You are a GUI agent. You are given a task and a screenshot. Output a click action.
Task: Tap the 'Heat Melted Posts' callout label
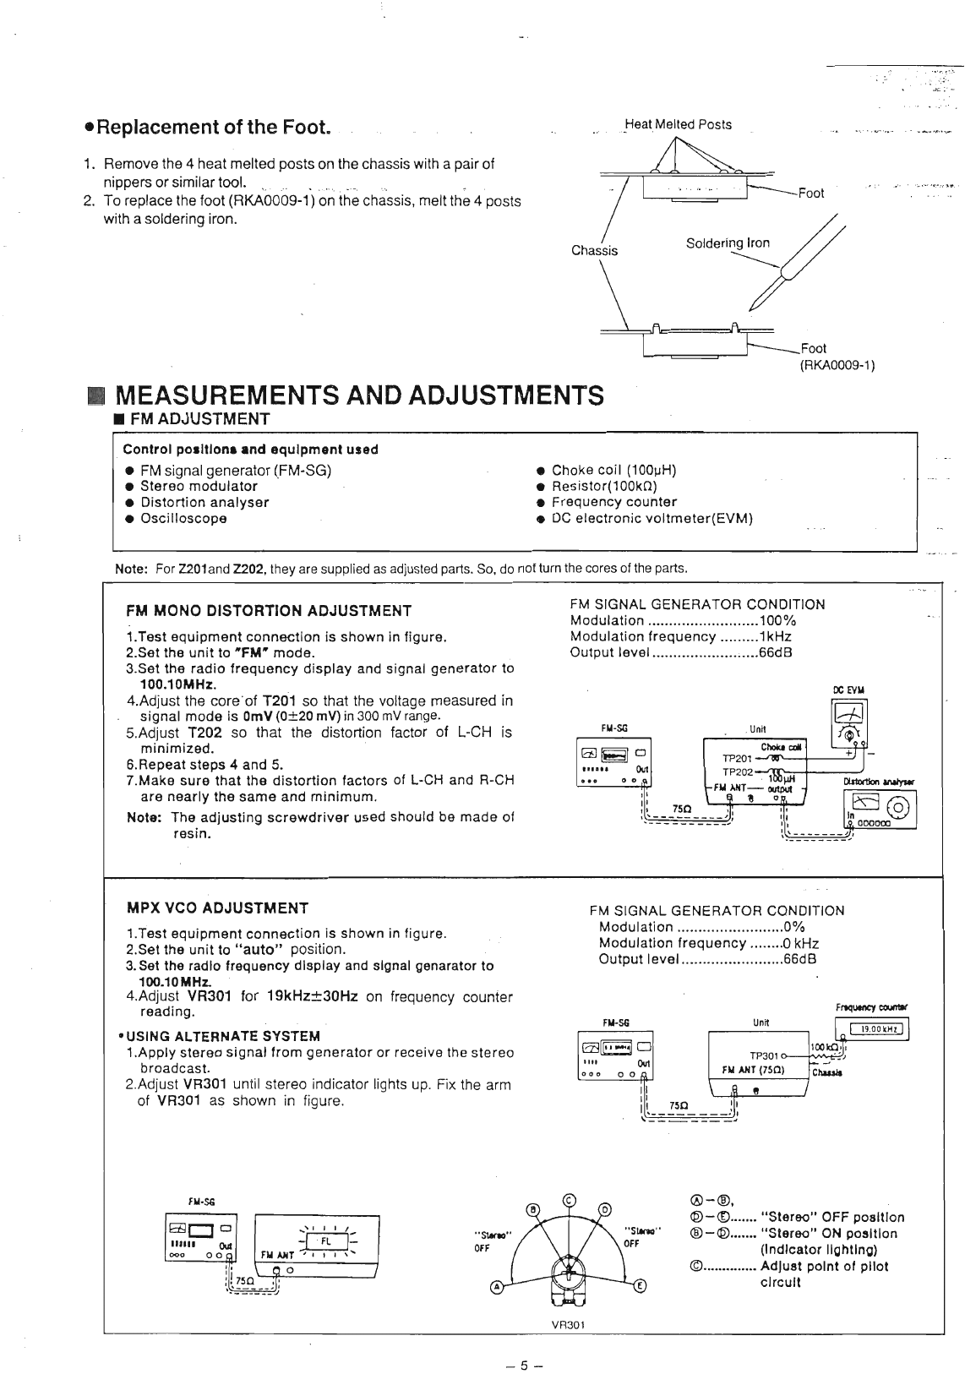click(x=678, y=125)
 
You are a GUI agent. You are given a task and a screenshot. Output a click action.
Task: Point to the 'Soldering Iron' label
click(x=728, y=243)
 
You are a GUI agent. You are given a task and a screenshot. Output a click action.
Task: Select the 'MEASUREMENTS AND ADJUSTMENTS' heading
click(x=359, y=395)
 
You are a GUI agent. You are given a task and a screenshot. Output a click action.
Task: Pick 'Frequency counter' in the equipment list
click(x=613, y=502)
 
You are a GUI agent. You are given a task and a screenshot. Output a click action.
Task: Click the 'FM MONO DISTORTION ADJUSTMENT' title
click(x=269, y=611)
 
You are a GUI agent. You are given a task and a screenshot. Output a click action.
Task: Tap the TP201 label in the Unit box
click(x=737, y=759)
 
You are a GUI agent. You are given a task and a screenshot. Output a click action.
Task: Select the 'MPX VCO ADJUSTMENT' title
click(x=217, y=908)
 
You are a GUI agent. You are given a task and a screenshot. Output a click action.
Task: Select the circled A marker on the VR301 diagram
click(x=498, y=1287)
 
